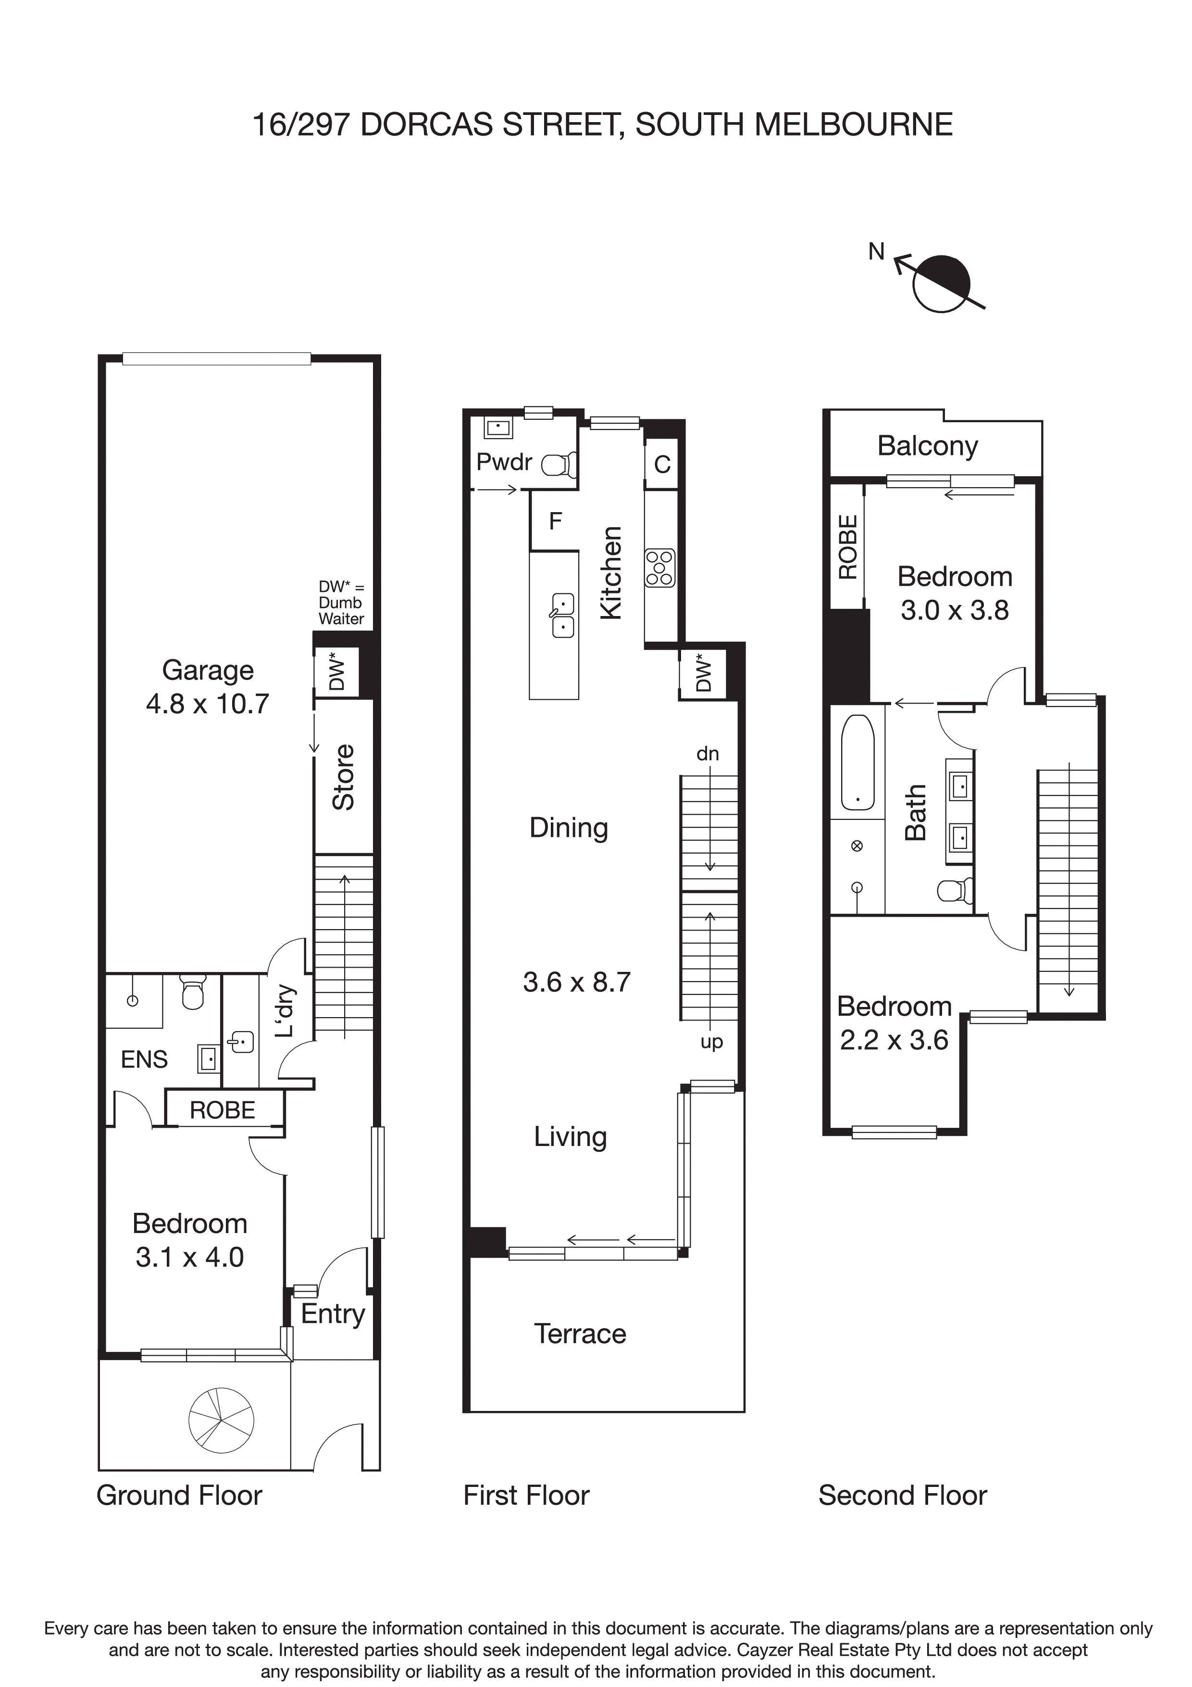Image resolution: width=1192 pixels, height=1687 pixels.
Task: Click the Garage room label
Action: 208,670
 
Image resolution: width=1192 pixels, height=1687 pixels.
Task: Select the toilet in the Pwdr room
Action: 559,465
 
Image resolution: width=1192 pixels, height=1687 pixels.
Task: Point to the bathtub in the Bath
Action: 857,762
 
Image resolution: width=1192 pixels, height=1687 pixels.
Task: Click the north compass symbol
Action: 941,283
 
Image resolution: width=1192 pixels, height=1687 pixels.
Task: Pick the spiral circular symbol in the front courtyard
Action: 221,1420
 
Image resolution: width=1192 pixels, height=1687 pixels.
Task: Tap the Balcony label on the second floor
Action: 928,446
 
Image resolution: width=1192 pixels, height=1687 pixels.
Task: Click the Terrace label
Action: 580,1334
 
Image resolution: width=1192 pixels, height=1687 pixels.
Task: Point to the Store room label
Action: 344,777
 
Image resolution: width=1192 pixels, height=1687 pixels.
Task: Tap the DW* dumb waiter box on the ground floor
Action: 336,672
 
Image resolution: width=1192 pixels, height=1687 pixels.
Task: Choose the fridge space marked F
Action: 555,521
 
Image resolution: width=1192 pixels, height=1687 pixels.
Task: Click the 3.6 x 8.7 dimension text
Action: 577,982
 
